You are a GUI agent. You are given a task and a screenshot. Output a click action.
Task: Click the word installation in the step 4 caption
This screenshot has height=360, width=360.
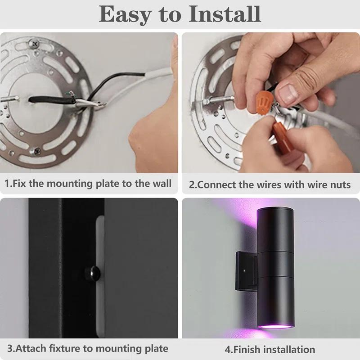(x=289, y=350)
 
